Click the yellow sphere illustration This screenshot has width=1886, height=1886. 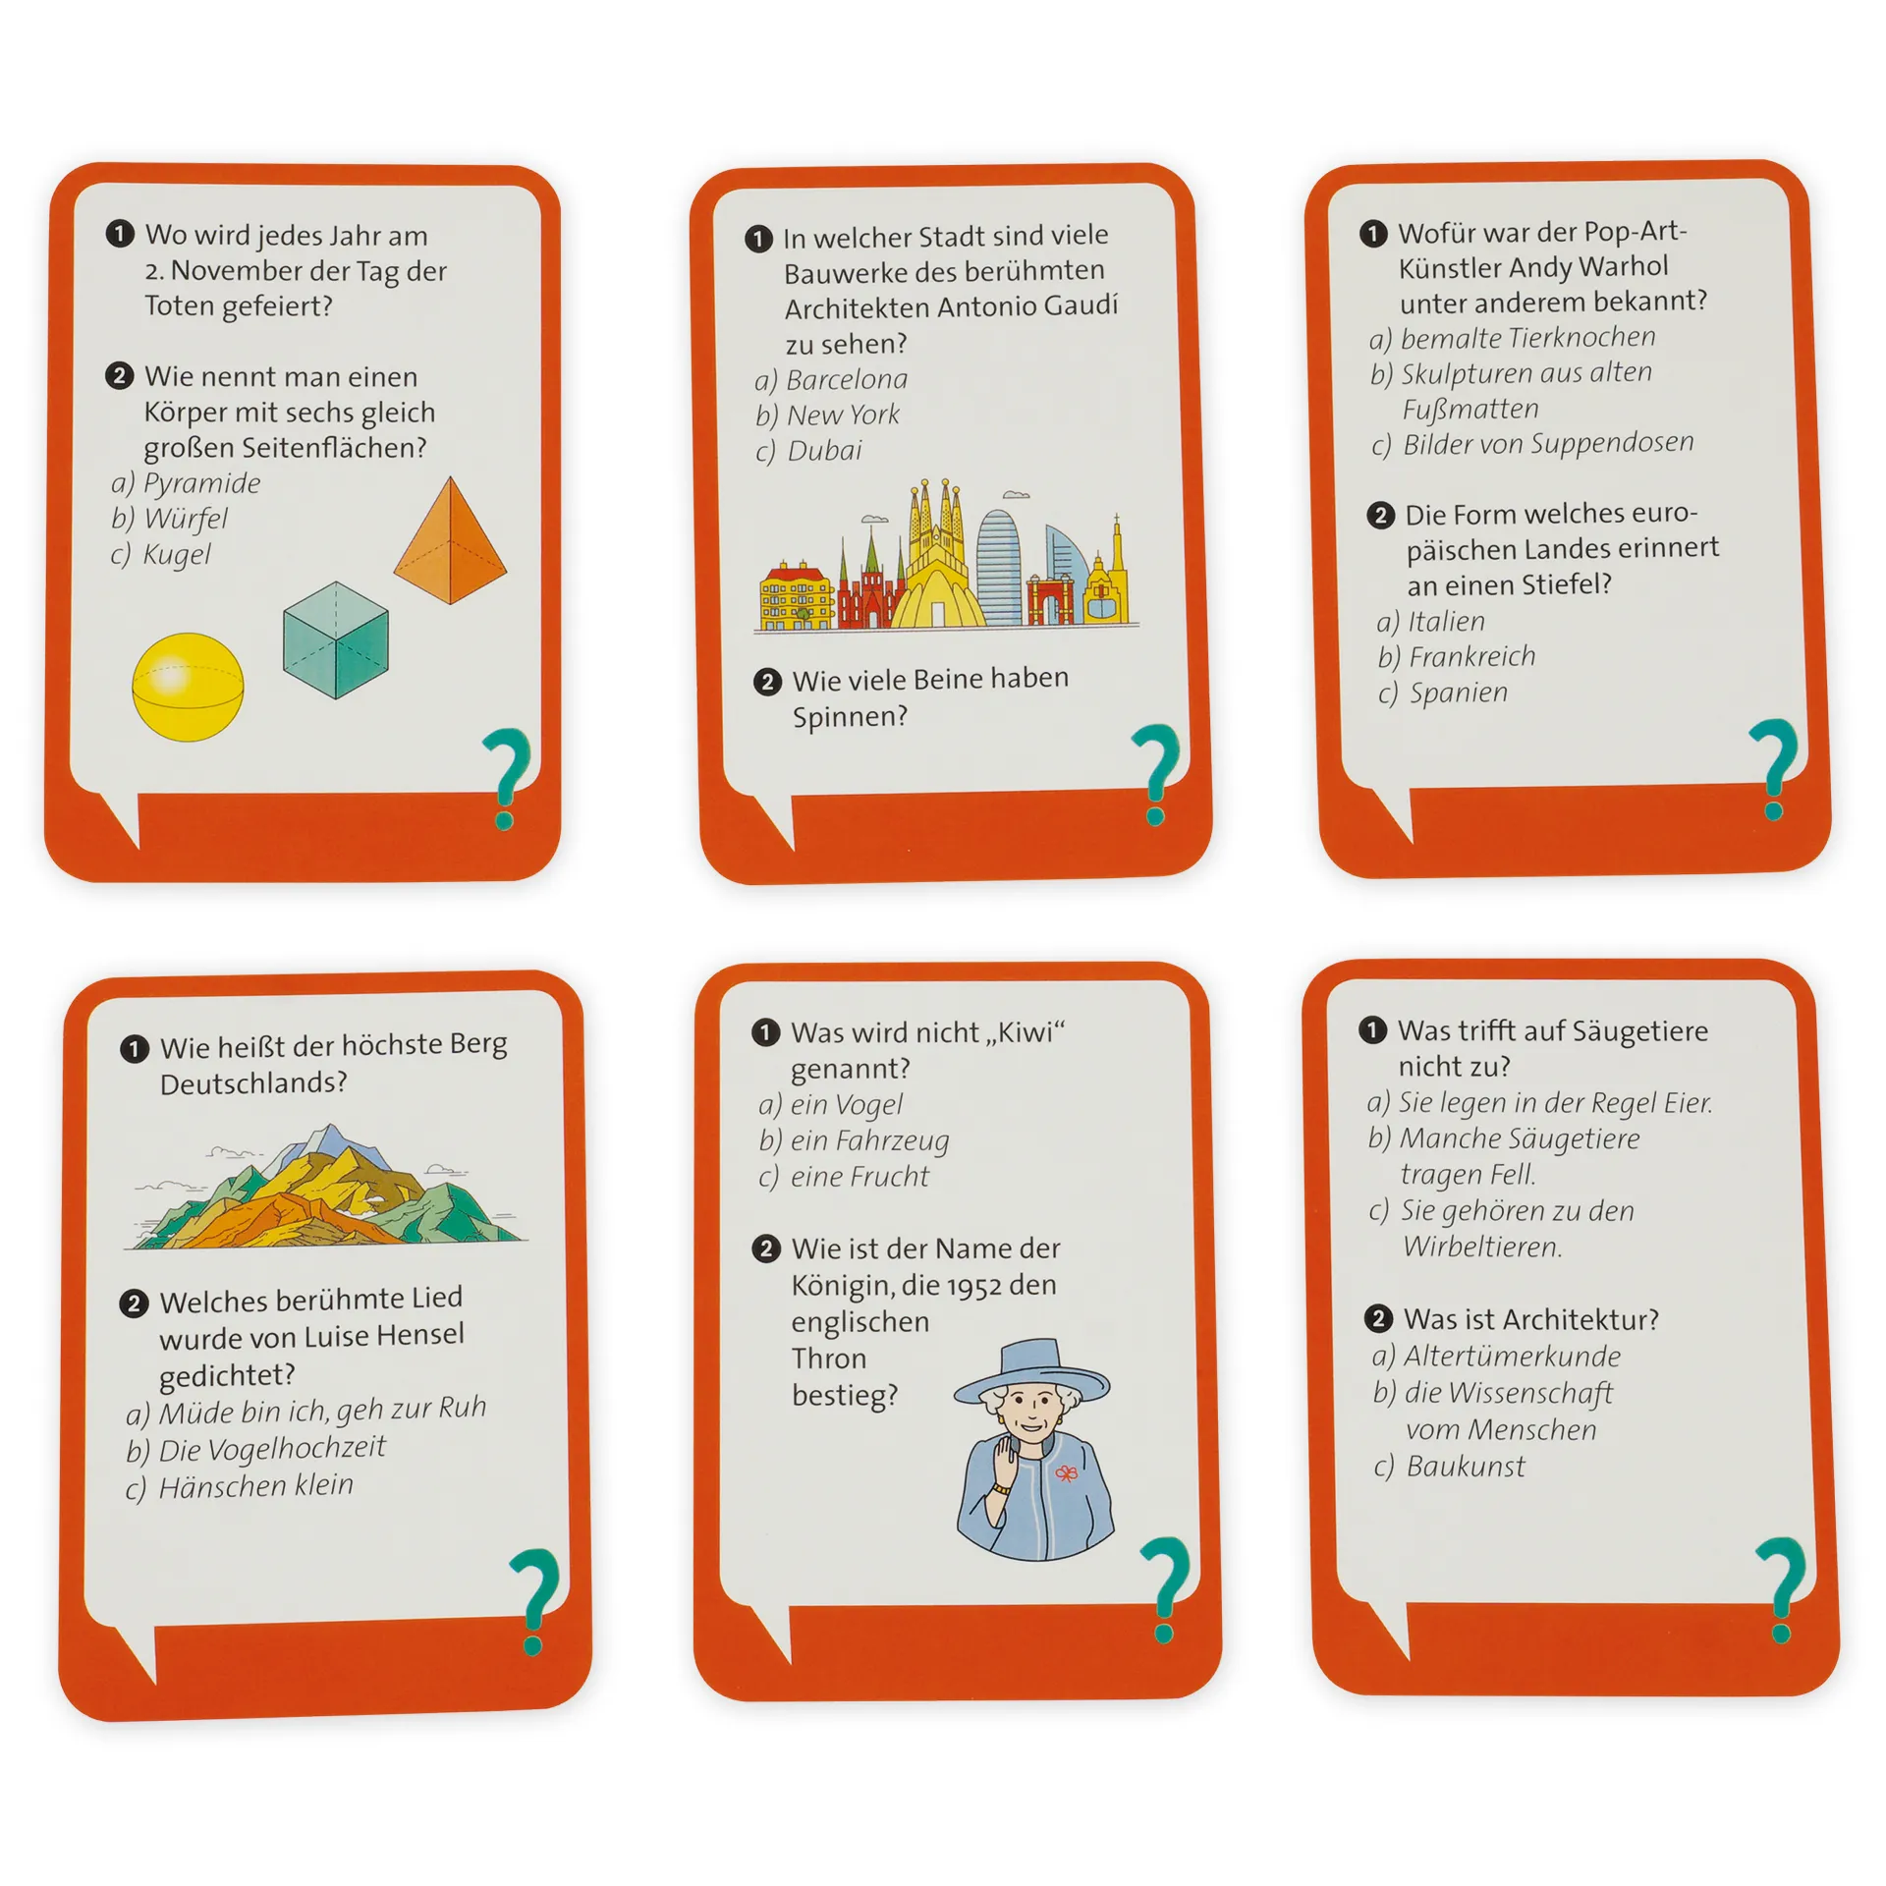pyautogui.click(x=188, y=687)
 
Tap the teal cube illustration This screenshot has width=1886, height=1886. pyautogui.click(x=336, y=639)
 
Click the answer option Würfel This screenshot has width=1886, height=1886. pyautogui.click(x=186, y=518)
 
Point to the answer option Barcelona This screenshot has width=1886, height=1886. pyautogui.click(x=847, y=379)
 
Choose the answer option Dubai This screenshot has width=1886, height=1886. pyautogui.click(x=824, y=451)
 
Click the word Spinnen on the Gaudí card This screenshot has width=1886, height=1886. pyautogui.click(x=849, y=717)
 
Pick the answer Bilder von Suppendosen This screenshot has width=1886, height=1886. pyautogui.click(x=1548, y=444)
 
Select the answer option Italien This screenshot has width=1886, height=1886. pyautogui.click(x=1446, y=622)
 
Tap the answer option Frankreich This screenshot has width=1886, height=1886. pyautogui.click(x=1471, y=657)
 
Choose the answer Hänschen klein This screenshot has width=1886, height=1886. pyautogui.click(x=255, y=1486)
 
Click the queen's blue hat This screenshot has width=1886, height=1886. pyautogui.click(x=1031, y=1371)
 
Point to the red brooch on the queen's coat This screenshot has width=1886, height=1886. pyautogui.click(x=1066, y=1473)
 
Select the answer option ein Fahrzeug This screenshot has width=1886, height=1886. pyautogui.click(x=869, y=1141)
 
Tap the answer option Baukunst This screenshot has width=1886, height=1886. pyautogui.click(x=1466, y=1467)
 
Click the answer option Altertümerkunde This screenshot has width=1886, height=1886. pyautogui.click(x=1512, y=1357)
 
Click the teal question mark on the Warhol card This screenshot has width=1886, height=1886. pyautogui.click(x=1776, y=769)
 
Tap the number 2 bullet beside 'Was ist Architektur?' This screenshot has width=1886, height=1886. pyautogui.click(x=1378, y=1318)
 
